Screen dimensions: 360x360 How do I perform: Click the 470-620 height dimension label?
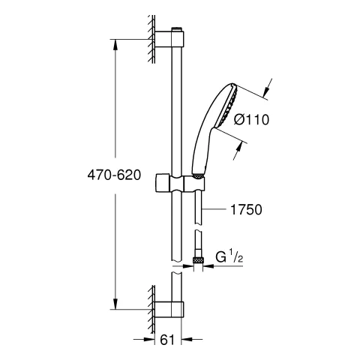tap(114, 175)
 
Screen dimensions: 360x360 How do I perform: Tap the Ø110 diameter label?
tap(251, 119)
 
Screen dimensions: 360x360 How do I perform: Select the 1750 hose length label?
tap(246, 209)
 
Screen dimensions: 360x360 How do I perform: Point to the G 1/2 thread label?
tap(229, 256)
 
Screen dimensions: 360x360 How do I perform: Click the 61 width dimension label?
tap(166, 340)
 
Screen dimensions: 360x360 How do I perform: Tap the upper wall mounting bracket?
tap(169, 39)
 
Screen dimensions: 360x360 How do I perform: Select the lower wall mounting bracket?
tap(169, 310)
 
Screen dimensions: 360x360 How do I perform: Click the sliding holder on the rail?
tap(180, 184)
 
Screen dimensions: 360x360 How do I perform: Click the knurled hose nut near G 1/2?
tap(198, 260)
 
